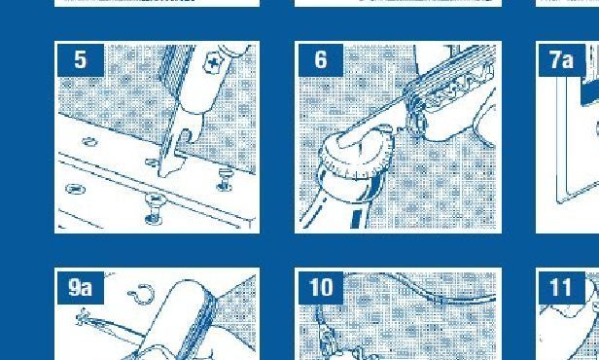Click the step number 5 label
point(81,60)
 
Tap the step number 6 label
point(321,60)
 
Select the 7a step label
point(562,60)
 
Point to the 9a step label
point(81,287)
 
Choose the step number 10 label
point(321,287)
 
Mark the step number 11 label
point(562,287)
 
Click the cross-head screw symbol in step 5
point(213,62)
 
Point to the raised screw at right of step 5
point(225,179)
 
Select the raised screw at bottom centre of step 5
point(155,208)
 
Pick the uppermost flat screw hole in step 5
point(89,142)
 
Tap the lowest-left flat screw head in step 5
point(76,189)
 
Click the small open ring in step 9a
point(141,294)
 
